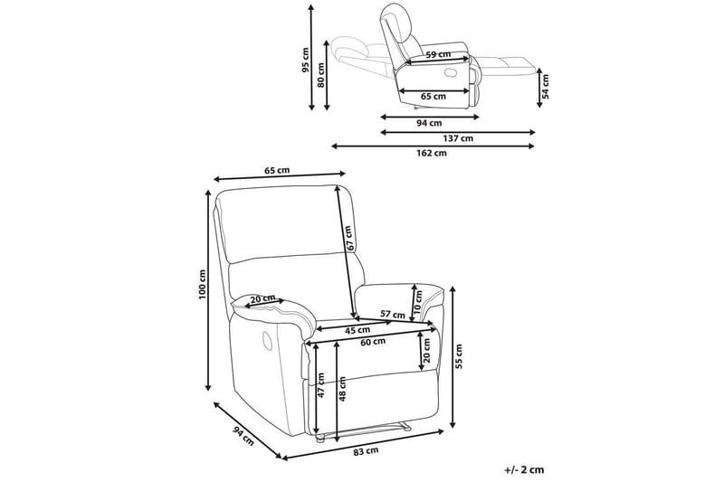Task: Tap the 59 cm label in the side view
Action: point(438,55)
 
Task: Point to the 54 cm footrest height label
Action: point(545,86)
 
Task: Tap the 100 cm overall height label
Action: point(204,285)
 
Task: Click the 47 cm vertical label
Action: point(320,386)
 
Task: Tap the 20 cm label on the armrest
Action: point(263,298)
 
